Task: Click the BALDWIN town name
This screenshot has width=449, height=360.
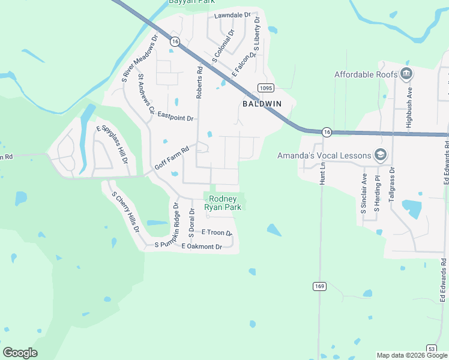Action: coord(262,104)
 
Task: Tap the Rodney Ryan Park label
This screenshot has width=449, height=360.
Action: coord(223,203)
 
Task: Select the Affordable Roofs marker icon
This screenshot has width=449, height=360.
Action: coord(406,74)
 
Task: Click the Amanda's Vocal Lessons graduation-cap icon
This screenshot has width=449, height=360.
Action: coord(380,155)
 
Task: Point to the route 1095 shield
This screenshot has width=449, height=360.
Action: coord(266,88)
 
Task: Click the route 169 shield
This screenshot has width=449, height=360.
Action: coord(319,287)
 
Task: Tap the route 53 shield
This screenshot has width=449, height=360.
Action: coord(432,348)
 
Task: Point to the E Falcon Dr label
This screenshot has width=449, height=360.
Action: coord(244,64)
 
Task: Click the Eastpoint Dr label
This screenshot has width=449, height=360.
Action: coord(175,119)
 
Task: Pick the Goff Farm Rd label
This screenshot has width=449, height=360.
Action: coord(172,157)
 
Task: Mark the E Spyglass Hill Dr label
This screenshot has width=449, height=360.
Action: coord(112,144)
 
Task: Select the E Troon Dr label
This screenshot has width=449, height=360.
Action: coord(217,232)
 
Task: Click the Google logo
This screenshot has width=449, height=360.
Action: coord(20,353)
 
